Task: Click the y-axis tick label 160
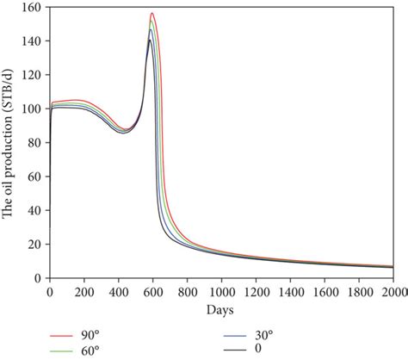pos(33,8)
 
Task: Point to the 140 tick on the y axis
pos(33,41)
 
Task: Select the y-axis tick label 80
pos(35,143)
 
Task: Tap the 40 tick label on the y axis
pos(35,210)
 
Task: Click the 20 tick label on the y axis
pos(35,245)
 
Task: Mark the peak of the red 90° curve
pos(151,14)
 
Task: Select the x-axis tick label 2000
pos(394,292)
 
